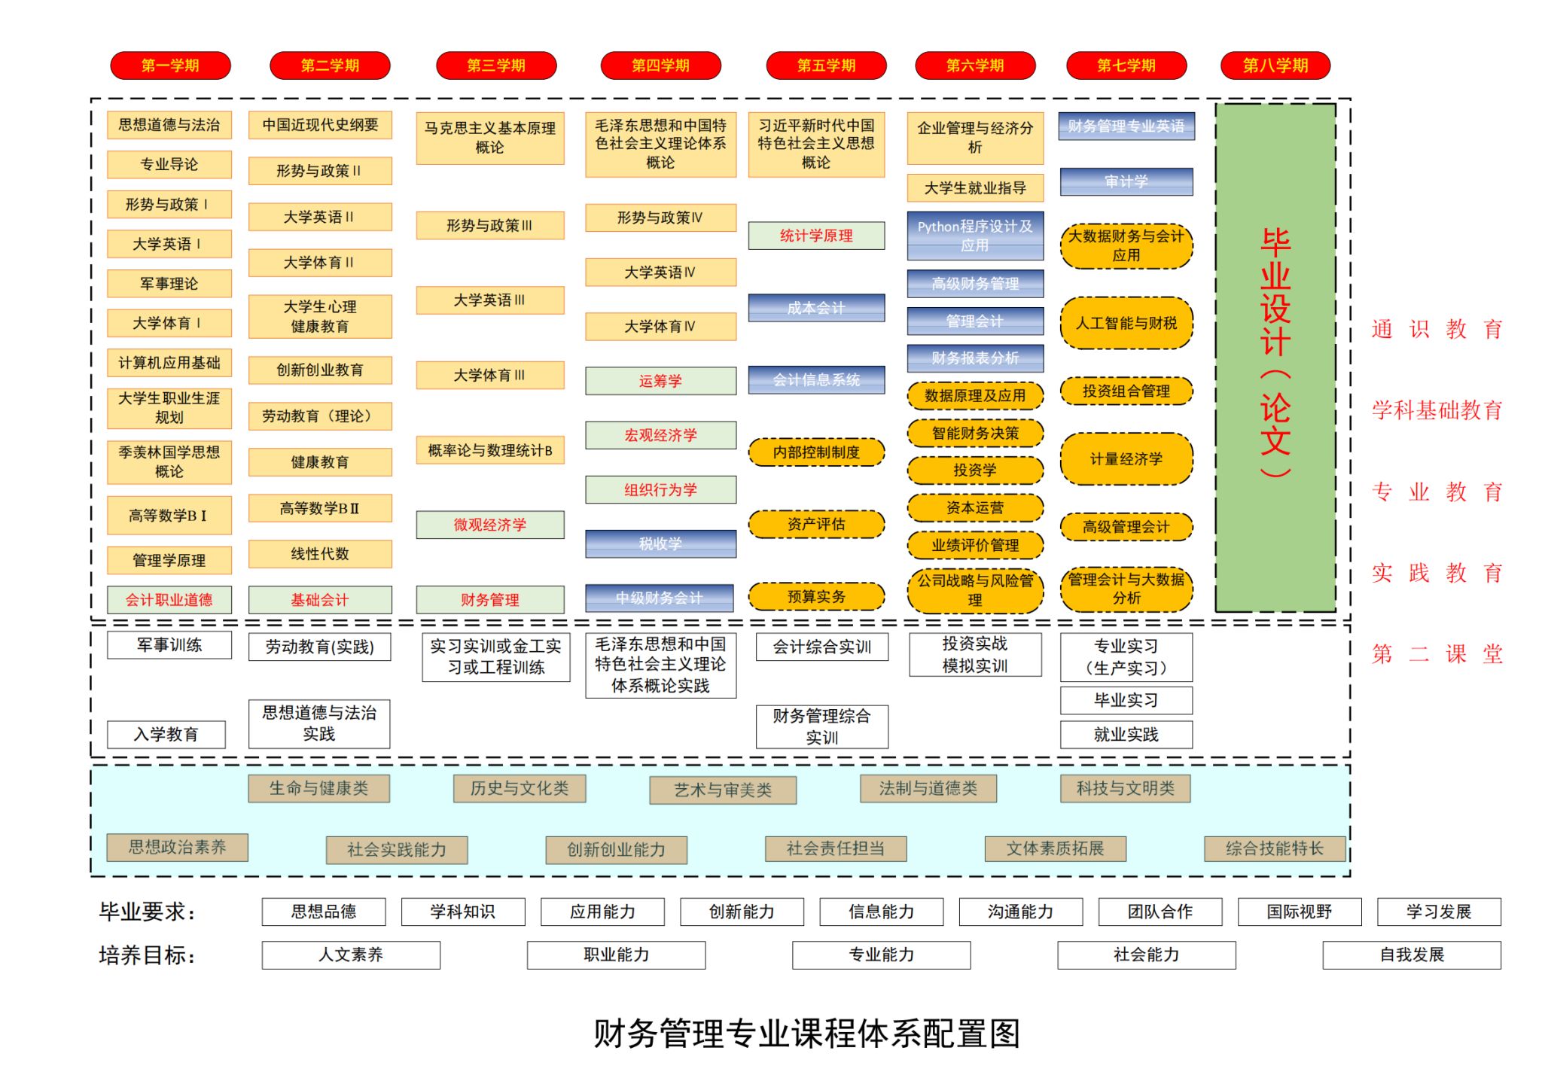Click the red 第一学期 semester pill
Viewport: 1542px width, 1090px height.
tap(170, 65)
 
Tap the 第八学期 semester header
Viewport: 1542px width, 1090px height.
tap(1275, 65)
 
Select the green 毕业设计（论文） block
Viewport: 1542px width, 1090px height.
tap(1275, 358)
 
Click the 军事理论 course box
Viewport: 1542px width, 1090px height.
tap(169, 284)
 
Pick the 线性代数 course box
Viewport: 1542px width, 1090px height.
tap(320, 554)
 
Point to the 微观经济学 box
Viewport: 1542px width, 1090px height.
tap(489, 525)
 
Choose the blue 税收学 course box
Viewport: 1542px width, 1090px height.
tap(660, 543)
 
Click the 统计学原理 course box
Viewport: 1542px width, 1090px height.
tap(816, 236)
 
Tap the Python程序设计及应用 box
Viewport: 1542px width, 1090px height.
tap(975, 236)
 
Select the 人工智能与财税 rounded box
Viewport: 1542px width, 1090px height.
tap(1126, 323)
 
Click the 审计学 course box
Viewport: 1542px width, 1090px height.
tap(1126, 181)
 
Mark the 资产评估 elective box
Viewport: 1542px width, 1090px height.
tap(816, 524)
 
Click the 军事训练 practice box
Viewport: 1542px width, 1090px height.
tap(169, 645)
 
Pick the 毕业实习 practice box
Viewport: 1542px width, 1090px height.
tap(1126, 700)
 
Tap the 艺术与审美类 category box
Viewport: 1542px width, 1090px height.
tap(723, 790)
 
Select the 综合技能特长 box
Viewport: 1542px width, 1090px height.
tap(1274, 848)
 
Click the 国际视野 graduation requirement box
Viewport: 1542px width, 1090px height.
tap(1299, 912)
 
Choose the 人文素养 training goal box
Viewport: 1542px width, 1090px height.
tap(351, 955)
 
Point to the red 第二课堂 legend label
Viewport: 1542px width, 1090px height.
tap(1437, 653)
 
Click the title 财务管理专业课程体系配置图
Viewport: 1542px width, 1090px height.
tap(806, 1034)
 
